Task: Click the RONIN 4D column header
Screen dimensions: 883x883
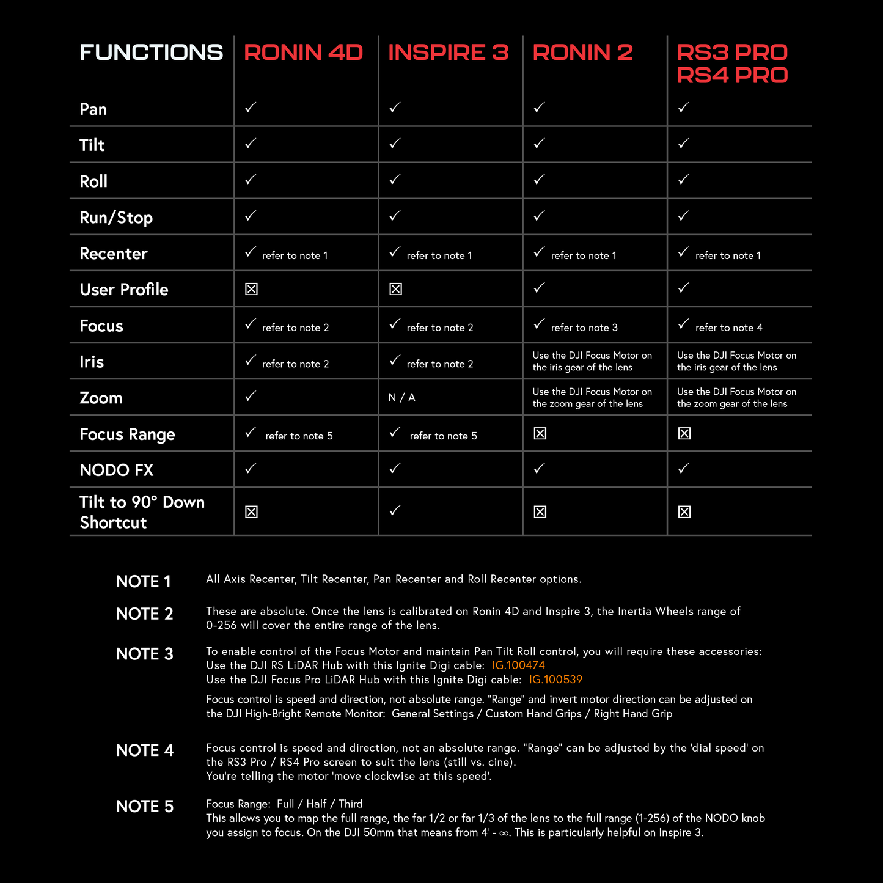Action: (303, 53)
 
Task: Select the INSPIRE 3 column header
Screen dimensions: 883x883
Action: (448, 53)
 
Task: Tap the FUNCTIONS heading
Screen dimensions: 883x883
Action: (151, 53)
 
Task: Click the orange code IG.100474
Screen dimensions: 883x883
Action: (518, 665)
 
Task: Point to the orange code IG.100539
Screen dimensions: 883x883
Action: (555, 680)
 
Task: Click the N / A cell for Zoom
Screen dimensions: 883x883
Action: (401, 398)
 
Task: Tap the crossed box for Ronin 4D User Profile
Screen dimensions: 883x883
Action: (251, 289)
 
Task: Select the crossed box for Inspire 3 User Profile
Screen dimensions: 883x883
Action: (395, 289)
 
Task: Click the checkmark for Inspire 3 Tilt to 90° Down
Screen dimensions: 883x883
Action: (395, 510)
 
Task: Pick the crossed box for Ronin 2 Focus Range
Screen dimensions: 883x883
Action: (540, 434)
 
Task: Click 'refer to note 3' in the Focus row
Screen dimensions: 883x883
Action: (584, 328)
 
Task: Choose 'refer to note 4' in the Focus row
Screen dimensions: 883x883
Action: (728, 328)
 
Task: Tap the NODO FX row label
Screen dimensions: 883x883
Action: (116, 470)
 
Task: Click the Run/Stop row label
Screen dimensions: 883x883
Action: (116, 218)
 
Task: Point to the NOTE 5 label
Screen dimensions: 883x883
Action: (145, 807)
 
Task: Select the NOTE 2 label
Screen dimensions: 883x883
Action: (145, 614)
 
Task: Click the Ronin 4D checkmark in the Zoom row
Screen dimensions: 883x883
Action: (251, 397)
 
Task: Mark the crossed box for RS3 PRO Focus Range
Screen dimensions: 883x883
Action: (684, 434)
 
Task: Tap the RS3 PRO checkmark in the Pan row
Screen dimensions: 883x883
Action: (683, 108)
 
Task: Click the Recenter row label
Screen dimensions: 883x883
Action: (114, 254)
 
